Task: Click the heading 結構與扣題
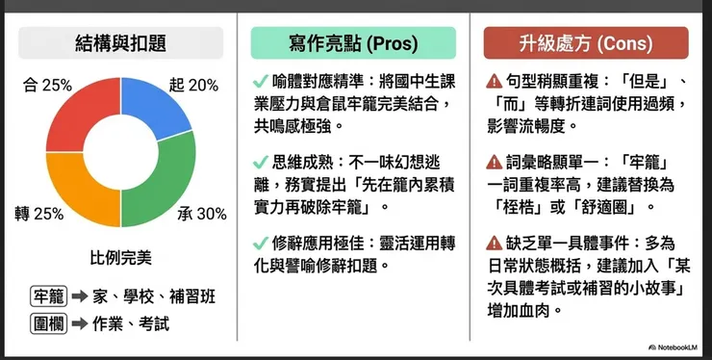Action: (x=120, y=43)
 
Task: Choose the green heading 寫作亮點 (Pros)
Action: (x=353, y=43)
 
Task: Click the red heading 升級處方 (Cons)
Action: (x=585, y=43)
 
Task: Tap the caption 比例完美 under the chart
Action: (x=120, y=258)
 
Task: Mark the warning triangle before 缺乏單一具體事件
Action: (x=494, y=243)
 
